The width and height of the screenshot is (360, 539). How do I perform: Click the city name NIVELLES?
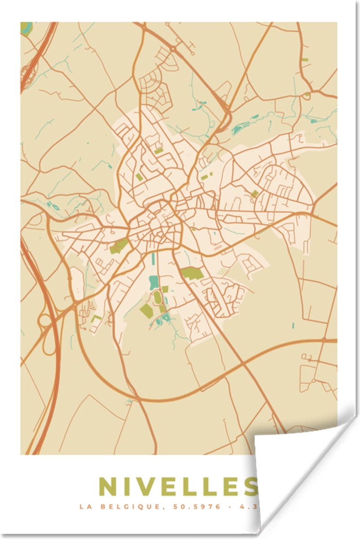pyautogui.click(x=178, y=487)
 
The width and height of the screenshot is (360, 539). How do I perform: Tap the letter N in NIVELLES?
pyautogui.click(x=107, y=487)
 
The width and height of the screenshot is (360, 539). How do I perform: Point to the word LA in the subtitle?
pyautogui.click(x=86, y=507)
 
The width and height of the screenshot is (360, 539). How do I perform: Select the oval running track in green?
pyautogui.click(x=158, y=298)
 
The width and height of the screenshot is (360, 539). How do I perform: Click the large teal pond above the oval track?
pyautogui.click(x=154, y=282)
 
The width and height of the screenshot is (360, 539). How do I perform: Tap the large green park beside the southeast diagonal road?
pyautogui.click(x=192, y=273)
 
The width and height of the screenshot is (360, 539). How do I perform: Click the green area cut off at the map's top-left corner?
pyautogui.click(x=26, y=29)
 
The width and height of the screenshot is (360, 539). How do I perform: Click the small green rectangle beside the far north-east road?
pyautogui.click(x=305, y=59)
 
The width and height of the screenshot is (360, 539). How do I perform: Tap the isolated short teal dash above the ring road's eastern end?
pyautogui.click(x=293, y=325)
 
